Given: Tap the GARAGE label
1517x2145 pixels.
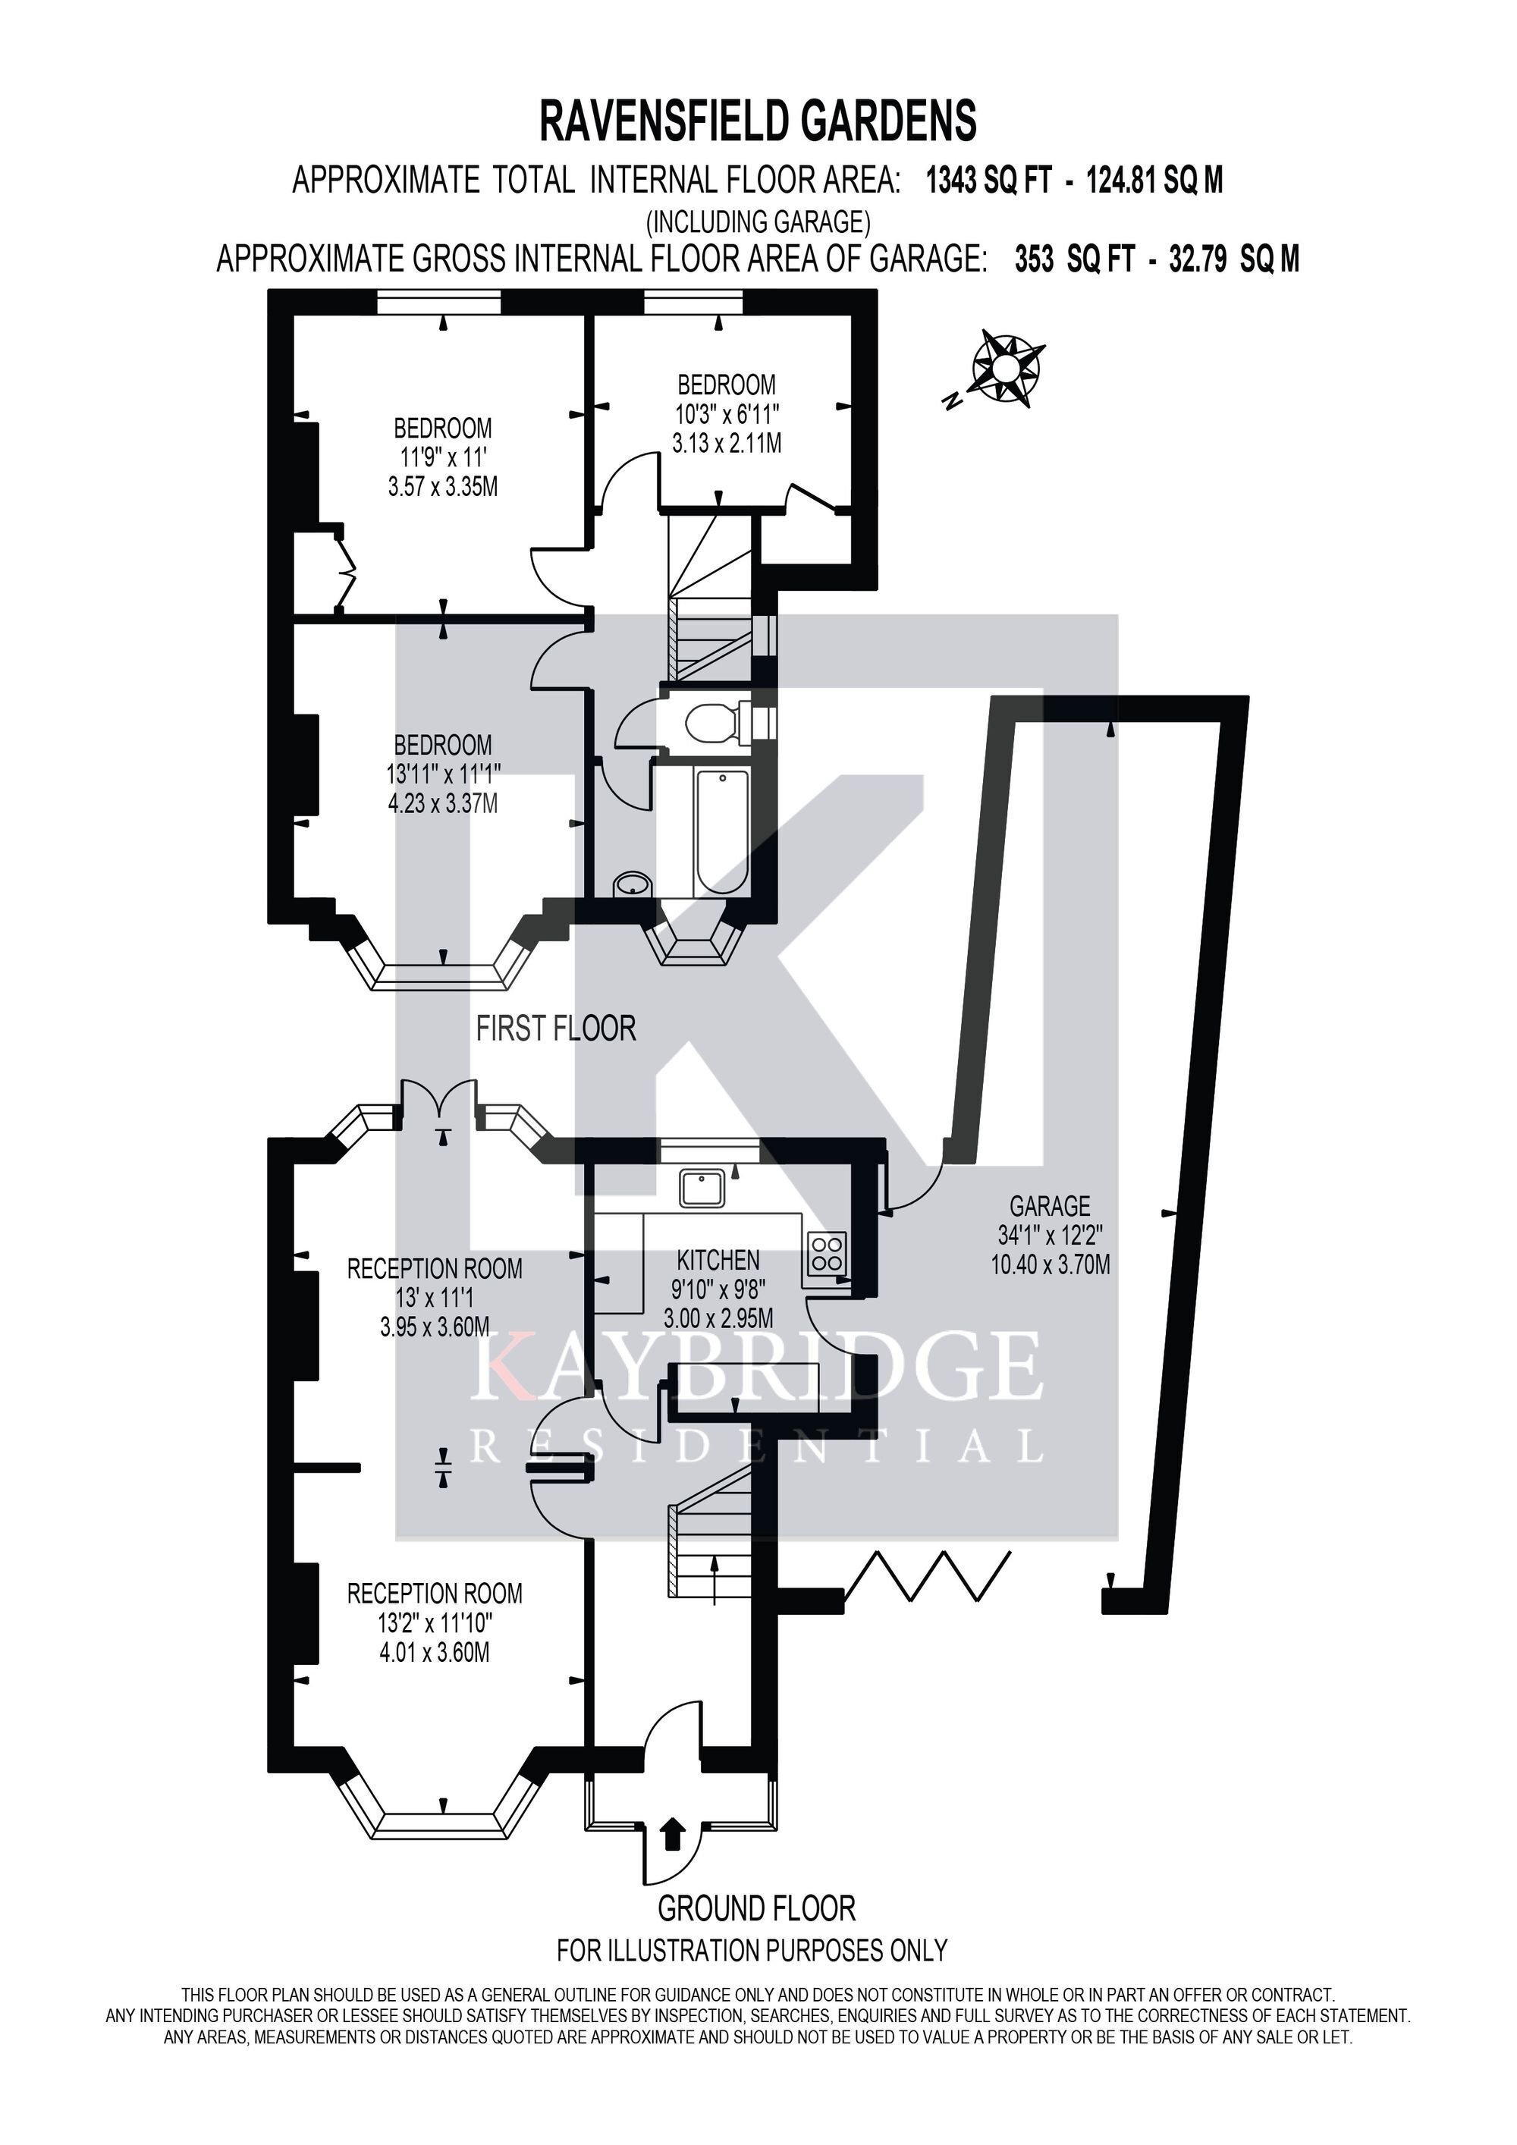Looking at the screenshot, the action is point(1050,1205).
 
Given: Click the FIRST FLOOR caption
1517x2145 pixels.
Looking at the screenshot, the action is point(556,1029).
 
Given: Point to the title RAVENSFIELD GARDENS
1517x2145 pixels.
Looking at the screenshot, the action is point(758,121).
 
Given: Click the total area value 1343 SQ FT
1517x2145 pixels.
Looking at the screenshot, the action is point(989,179).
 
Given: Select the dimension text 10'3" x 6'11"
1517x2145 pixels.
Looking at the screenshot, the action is point(727,413).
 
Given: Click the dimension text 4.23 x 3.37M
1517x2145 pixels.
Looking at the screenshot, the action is point(443,802).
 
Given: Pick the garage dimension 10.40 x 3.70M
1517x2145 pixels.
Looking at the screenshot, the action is point(1051,1265).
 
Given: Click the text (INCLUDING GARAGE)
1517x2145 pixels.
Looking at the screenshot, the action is point(758,221).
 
